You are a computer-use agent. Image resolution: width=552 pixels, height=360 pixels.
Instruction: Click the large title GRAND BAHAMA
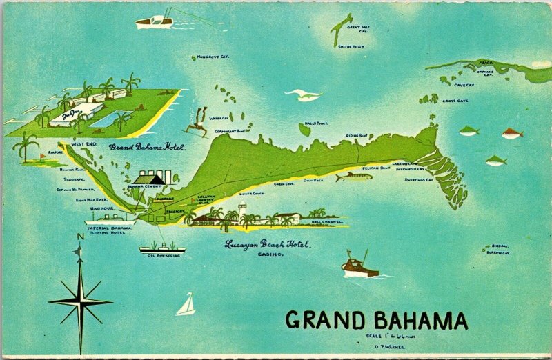coord(376,320)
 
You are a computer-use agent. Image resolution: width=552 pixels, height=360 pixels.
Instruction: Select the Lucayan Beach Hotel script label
coord(268,244)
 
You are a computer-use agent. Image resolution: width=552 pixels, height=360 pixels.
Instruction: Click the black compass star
coord(80,301)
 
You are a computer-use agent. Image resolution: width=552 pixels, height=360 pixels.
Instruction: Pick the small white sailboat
coord(186,305)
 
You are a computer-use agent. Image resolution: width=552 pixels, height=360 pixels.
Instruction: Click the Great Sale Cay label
coord(358,29)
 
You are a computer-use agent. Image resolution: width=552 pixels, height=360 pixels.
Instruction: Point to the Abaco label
coord(485,61)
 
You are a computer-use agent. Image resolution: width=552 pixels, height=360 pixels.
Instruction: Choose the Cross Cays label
coord(455,101)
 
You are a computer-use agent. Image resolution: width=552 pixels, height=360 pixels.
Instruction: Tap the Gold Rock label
coord(314,180)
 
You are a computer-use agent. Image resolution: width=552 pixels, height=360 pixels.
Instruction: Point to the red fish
coord(511,133)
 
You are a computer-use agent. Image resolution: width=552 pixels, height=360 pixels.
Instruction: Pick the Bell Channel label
coord(326,222)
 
